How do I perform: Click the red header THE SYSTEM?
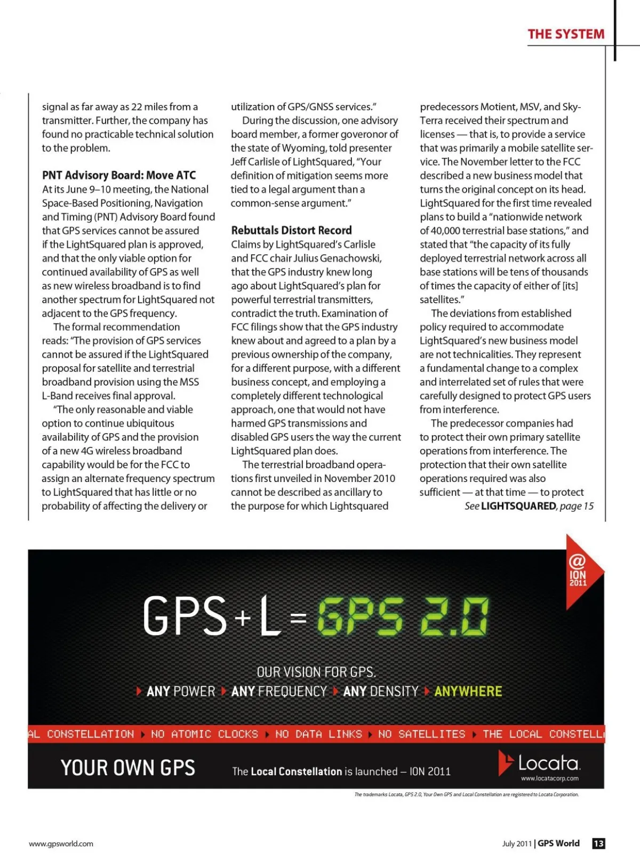click(x=566, y=35)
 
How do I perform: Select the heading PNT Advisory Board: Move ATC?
click(x=119, y=175)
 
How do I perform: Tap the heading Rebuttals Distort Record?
click(x=291, y=230)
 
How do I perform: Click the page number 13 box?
click(x=598, y=844)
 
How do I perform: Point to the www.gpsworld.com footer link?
click(x=61, y=844)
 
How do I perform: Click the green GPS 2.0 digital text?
click(x=403, y=617)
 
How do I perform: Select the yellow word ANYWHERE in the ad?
click(x=468, y=692)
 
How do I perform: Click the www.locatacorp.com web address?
click(x=549, y=778)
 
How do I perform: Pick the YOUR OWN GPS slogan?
click(x=128, y=768)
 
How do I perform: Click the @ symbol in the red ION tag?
click(x=577, y=561)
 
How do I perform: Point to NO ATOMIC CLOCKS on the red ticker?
click(x=204, y=734)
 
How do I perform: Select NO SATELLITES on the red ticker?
click(x=421, y=734)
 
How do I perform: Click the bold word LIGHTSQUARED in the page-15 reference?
click(x=518, y=506)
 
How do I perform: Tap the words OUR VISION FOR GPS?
click(x=316, y=672)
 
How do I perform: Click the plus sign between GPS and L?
click(x=243, y=618)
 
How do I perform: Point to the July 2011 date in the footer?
click(x=517, y=844)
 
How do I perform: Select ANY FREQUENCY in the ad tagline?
click(x=279, y=692)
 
